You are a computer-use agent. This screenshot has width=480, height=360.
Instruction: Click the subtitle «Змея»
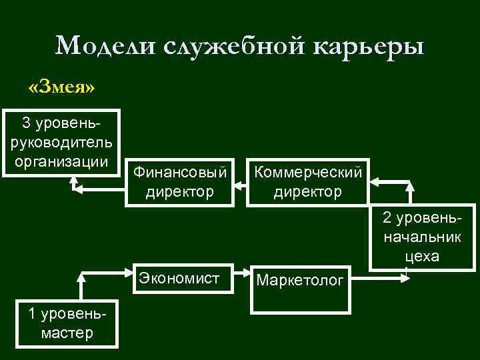[x=61, y=87]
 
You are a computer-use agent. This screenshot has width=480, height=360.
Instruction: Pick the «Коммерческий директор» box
[x=307, y=182]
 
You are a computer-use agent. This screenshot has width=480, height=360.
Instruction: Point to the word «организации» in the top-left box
[x=61, y=161]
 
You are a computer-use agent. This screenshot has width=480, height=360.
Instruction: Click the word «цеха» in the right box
[x=421, y=257]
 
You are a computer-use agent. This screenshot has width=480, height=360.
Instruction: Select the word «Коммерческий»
[x=307, y=173]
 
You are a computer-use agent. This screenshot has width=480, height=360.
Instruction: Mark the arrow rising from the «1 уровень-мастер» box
[x=81, y=287]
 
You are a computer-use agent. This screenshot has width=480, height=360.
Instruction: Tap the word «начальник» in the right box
[x=421, y=238]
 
